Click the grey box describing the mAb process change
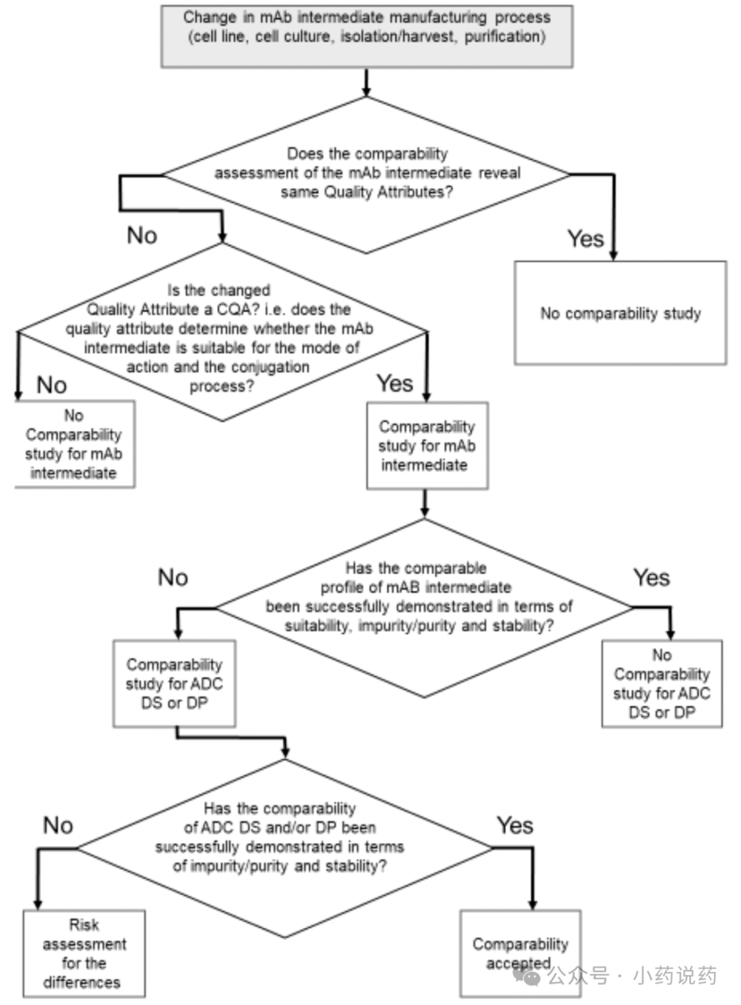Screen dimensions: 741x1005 pyautogui.click(x=367, y=36)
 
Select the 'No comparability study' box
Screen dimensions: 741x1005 pyautogui.click(x=620, y=313)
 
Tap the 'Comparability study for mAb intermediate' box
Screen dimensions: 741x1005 pyautogui.click(x=428, y=446)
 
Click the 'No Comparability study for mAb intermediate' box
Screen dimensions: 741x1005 pyautogui.click(x=75, y=444)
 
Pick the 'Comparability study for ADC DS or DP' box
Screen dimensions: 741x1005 pyautogui.click(x=174, y=684)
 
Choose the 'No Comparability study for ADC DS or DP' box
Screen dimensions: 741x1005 pyautogui.click(x=662, y=684)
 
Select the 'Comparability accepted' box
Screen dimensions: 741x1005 pyautogui.click(x=521, y=953)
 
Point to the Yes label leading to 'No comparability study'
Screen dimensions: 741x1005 pyautogui.click(x=585, y=238)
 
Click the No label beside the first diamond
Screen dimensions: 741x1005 pyautogui.click(x=142, y=235)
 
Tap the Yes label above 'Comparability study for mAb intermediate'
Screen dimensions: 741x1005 pyautogui.click(x=395, y=383)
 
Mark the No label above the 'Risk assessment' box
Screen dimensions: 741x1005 pyautogui.click(x=58, y=825)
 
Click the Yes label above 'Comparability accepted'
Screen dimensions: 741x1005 pyautogui.click(x=515, y=825)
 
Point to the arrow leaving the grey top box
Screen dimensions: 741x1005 pyautogui.click(x=366, y=82)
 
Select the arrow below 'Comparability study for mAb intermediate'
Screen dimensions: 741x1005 pyautogui.click(x=425, y=503)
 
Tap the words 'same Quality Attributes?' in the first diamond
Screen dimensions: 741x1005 pyautogui.click(x=367, y=192)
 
